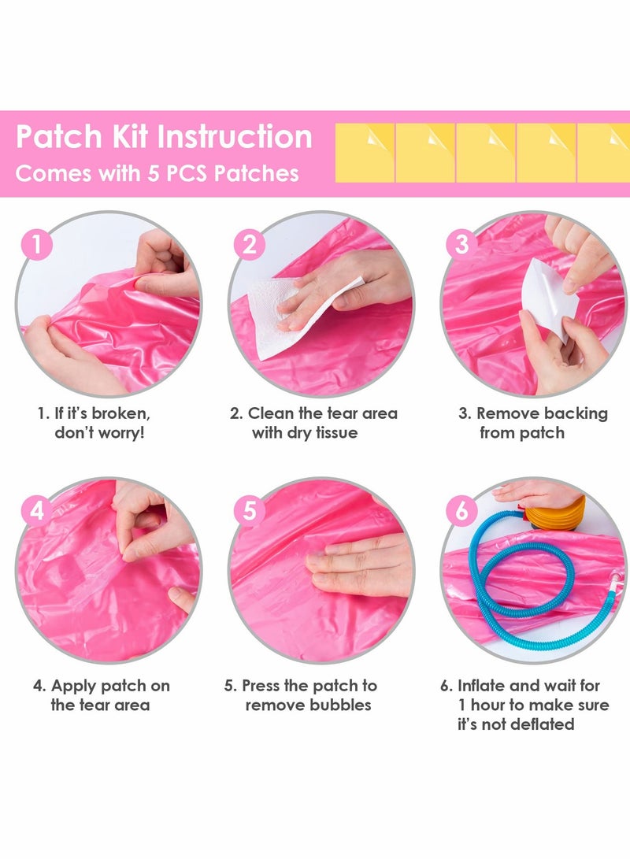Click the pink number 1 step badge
click(36, 244)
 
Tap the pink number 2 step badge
click(249, 244)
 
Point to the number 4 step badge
click(36, 511)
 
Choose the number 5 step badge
click(249, 511)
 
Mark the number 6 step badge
click(461, 511)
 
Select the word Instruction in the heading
click(235, 137)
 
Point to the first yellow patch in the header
click(365, 152)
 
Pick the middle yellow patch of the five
click(486, 152)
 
